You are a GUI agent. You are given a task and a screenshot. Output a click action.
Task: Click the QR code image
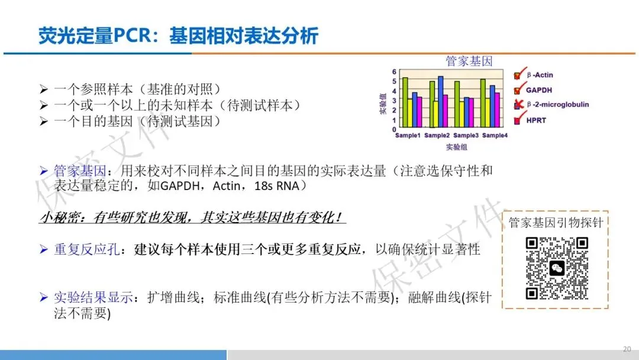tap(557, 268)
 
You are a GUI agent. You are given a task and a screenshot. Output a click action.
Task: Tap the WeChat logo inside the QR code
tap(557, 268)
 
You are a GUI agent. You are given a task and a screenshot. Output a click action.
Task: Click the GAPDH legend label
tap(539, 90)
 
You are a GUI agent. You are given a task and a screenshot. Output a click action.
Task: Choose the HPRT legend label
tap(536, 120)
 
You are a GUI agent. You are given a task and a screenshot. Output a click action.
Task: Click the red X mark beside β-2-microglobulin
tap(519, 104)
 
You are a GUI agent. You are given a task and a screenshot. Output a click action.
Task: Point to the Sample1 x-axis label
tap(408, 136)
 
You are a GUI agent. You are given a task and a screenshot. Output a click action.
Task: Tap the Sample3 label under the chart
tap(466, 136)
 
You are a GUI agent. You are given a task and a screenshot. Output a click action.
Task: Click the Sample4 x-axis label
tap(495, 136)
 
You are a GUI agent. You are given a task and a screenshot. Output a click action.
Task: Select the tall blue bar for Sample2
tap(441, 102)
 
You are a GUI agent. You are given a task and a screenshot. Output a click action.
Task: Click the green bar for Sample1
tap(405, 102)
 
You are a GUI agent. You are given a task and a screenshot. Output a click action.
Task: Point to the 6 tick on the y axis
tap(394, 72)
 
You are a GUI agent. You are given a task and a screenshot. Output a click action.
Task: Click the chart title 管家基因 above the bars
tap(469, 61)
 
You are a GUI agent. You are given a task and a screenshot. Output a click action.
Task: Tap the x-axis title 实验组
tap(456, 147)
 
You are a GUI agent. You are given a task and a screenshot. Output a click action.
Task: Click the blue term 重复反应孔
tap(87, 249)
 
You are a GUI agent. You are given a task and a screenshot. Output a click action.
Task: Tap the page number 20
tap(627, 349)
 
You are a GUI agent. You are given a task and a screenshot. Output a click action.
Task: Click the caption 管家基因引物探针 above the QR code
tap(556, 223)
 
